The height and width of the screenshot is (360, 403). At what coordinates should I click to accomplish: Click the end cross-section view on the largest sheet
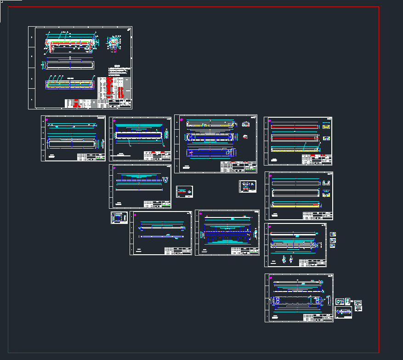[112, 45]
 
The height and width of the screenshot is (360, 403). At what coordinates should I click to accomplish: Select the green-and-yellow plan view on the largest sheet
[70, 85]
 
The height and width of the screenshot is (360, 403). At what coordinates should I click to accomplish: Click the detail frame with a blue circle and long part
[343, 313]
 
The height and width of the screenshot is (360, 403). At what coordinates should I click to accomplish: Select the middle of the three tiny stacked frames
[333, 240]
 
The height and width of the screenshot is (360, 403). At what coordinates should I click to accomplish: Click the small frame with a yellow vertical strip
[119, 217]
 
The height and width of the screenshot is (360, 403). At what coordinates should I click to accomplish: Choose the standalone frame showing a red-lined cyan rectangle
[184, 191]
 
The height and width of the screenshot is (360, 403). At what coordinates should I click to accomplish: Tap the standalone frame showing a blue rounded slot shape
[248, 186]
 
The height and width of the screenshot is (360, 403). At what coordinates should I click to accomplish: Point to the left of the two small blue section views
[284, 260]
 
